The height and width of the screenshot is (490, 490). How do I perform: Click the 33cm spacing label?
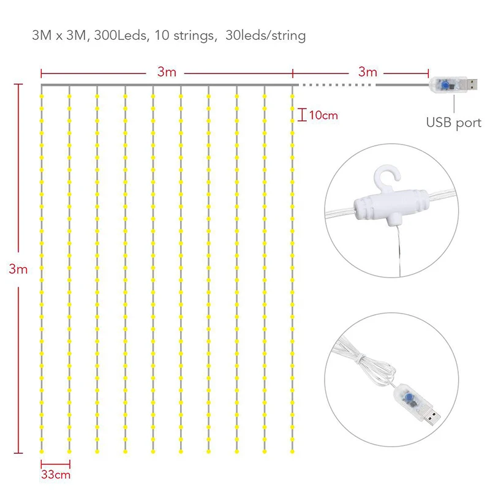[56, 475]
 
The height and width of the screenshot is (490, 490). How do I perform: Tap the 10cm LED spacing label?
[324, 115]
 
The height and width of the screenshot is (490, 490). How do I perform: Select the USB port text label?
[454, 123]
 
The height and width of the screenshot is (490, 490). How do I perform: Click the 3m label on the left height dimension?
[18, 269]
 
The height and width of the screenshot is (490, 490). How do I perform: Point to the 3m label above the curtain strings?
[167, 72]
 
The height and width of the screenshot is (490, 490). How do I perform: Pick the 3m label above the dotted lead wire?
[368, 72]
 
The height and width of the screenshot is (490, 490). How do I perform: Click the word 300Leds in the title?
[120, 36]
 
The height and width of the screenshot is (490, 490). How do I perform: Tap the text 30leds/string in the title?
[266, 36]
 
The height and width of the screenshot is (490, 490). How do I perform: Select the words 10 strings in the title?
[185, 36]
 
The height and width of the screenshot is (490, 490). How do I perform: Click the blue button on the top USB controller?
[445, 85]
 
